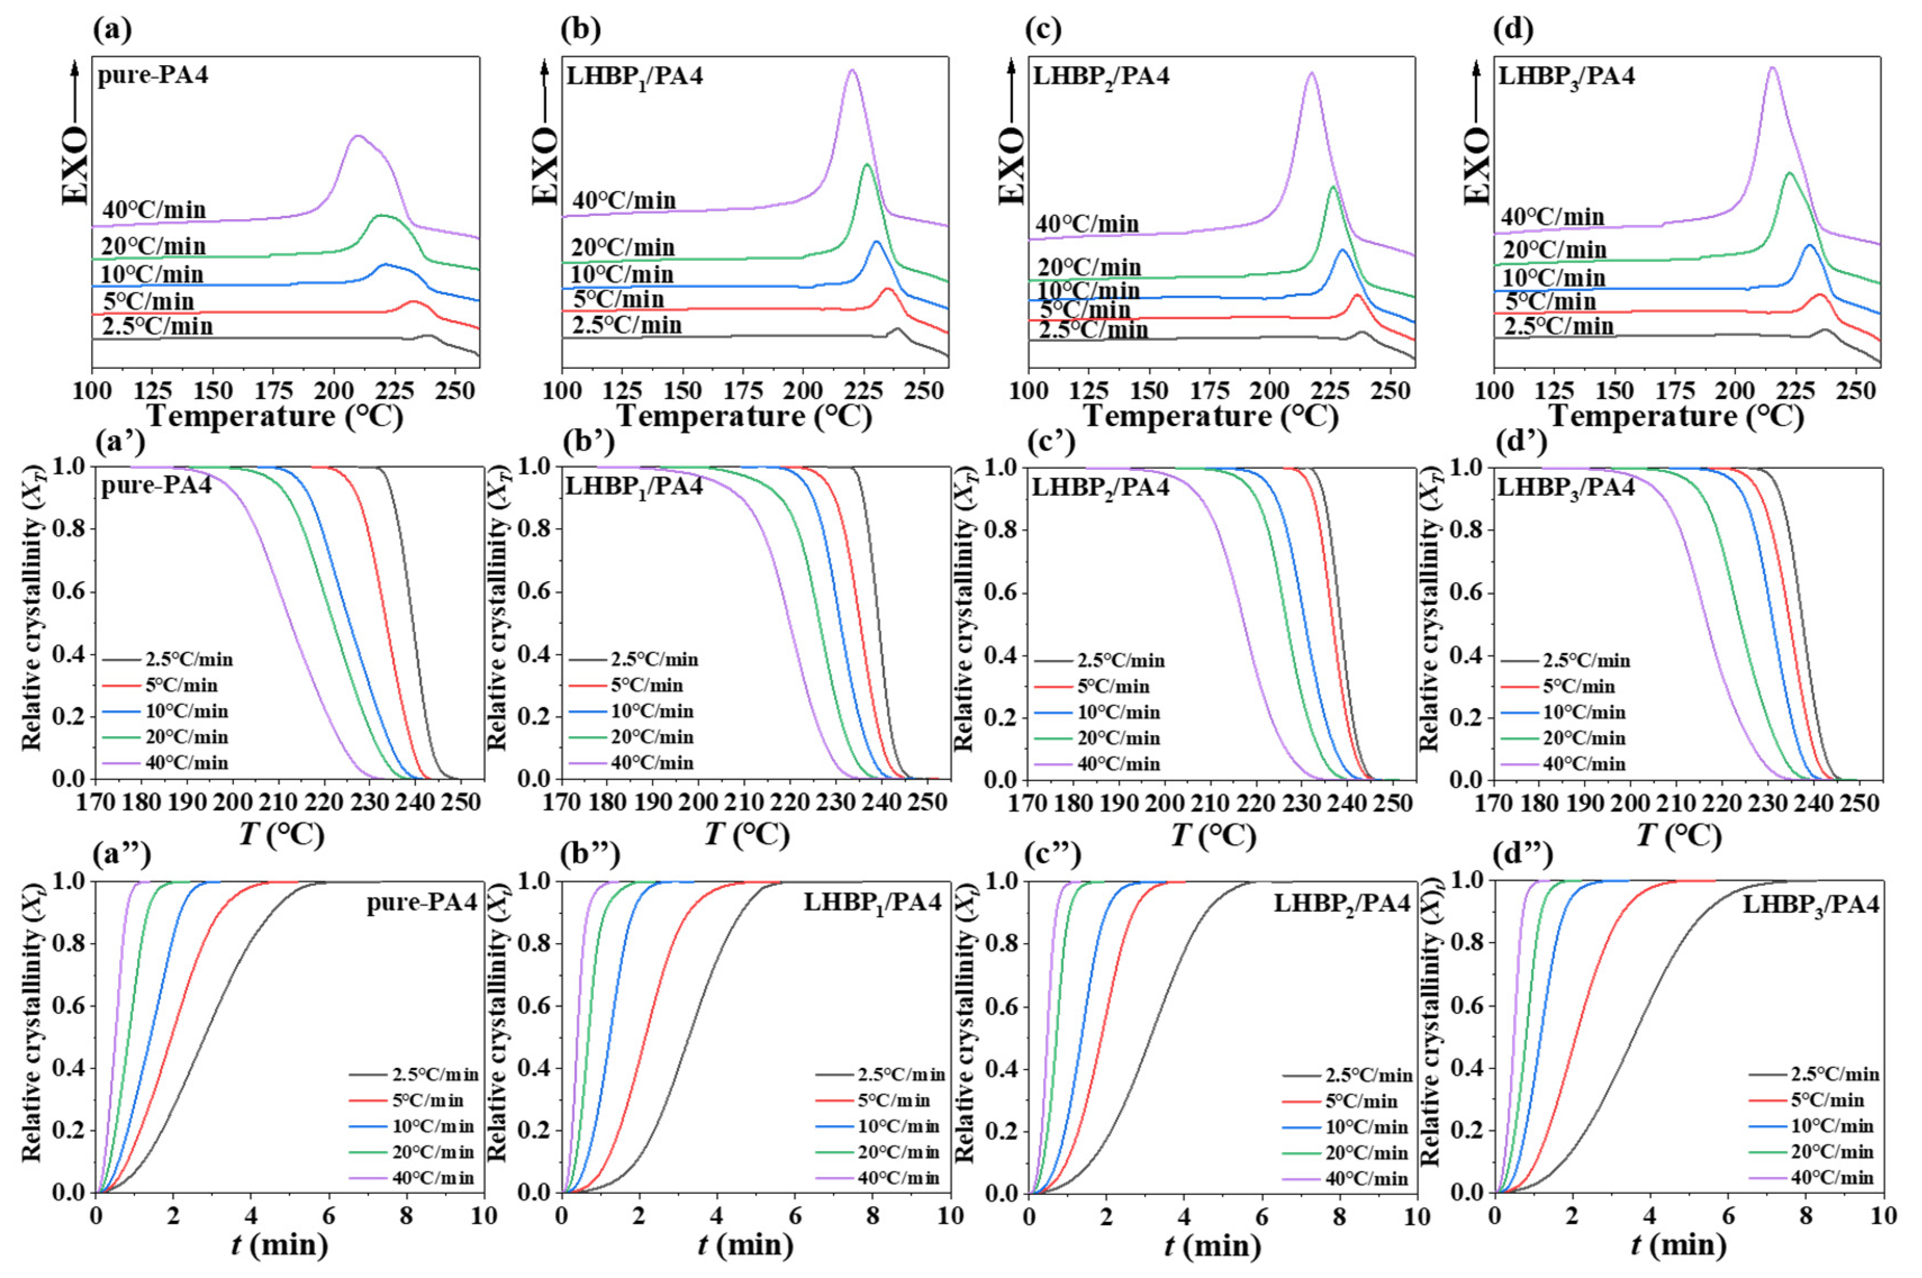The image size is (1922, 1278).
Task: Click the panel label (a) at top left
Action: [112, 30]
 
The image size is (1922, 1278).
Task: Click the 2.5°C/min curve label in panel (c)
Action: [1093, 330]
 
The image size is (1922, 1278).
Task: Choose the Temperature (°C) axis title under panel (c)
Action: [1211, 418]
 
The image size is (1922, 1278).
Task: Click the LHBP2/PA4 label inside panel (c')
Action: [1100, 487]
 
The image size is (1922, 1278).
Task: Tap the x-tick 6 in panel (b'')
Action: [795, 1216]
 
